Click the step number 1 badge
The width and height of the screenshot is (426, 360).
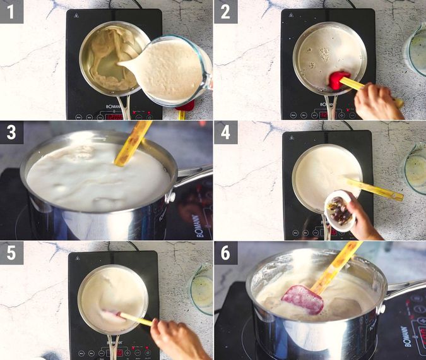[11, 11]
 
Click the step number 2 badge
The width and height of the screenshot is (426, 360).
[225, 11]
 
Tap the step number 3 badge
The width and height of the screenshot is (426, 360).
[11, 132]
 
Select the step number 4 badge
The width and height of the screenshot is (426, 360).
[225, 132]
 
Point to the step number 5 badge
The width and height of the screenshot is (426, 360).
[11, 252]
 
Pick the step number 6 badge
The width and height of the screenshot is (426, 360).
[225, 252]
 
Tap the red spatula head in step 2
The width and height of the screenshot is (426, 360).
[339, 80]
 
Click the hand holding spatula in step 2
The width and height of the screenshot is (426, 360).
[379, 101]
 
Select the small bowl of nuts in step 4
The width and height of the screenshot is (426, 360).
[340, 210]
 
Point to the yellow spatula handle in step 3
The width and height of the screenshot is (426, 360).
[134, 142]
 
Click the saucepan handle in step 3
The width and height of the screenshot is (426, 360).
[192, 176]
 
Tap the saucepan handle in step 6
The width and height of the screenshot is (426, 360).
[405, 287]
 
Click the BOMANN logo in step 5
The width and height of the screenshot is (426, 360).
[114, 344]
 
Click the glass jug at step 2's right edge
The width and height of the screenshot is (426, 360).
[417, 47]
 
